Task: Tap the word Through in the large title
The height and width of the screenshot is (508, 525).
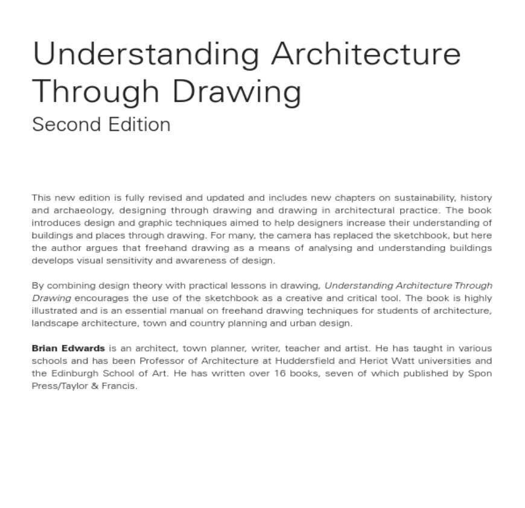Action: point(95,91)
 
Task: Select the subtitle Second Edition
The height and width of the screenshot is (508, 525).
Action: point(101,124)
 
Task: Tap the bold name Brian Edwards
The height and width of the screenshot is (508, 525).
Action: point(68,348)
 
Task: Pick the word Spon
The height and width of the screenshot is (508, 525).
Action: point(480,373)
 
